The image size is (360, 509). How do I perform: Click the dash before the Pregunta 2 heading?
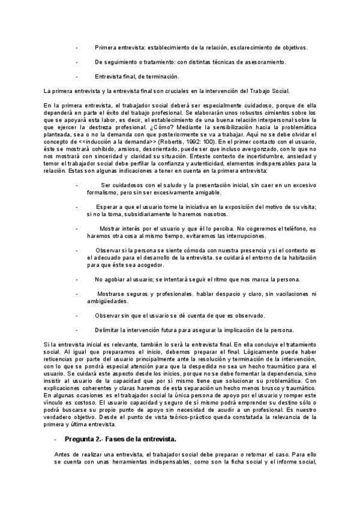(55, 456)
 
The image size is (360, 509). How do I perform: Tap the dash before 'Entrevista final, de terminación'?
(77, 76)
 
